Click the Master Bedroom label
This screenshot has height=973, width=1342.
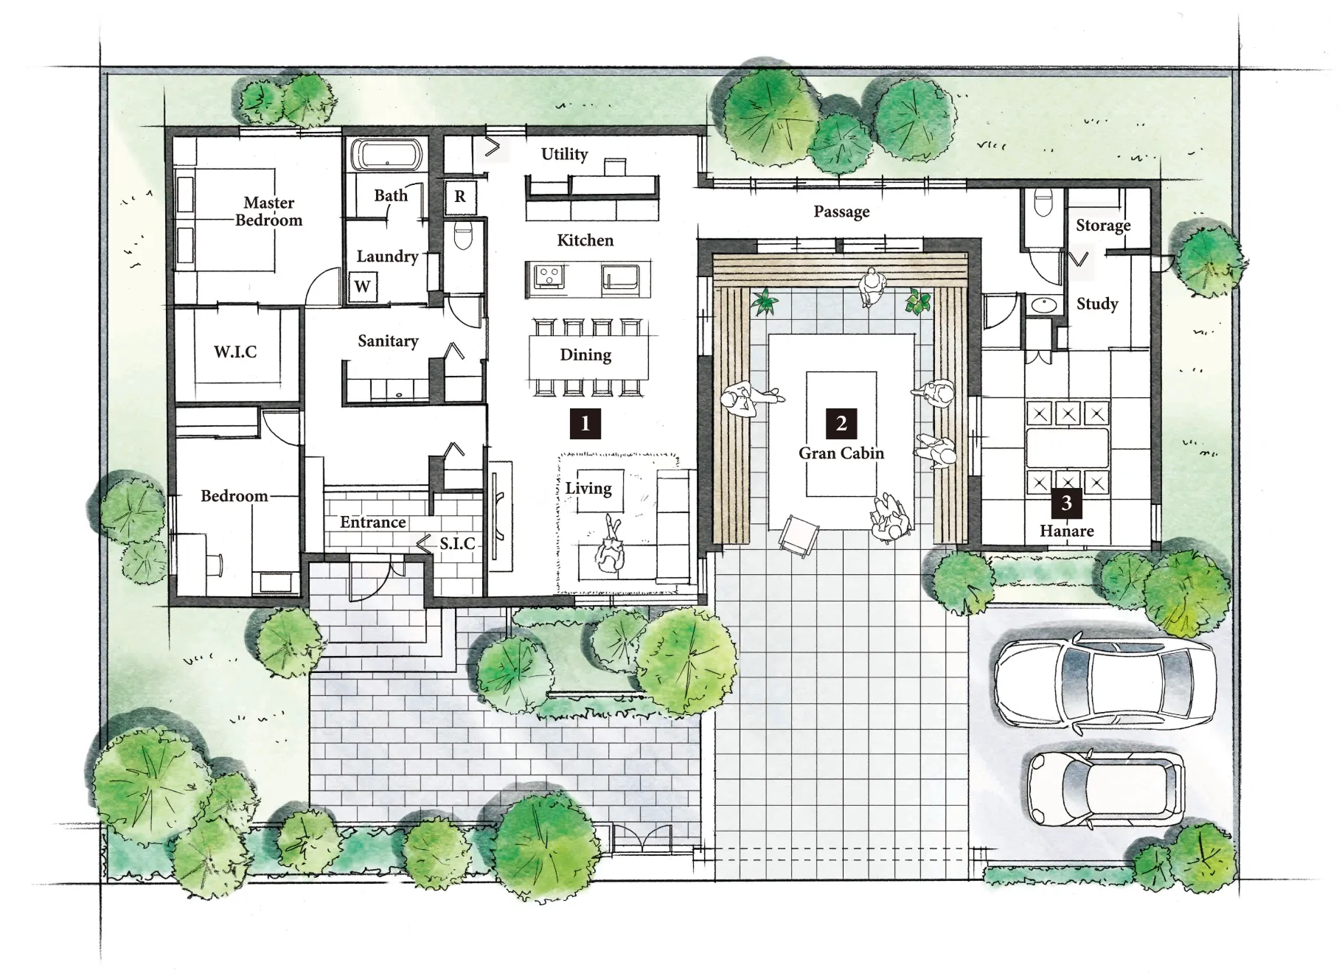(269, 211)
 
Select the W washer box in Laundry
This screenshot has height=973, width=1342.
(362, 286)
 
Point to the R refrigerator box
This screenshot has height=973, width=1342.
(460, 197)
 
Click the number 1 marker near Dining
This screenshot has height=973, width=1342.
(585, 424)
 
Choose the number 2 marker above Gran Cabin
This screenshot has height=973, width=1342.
(841, 423)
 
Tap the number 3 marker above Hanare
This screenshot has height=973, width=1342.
(1066, 503)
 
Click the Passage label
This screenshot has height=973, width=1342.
(841, 212)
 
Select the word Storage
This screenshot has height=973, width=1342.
(1103, 226)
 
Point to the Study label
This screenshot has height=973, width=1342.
(1097, 304)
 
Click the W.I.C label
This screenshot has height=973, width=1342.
(236, 352)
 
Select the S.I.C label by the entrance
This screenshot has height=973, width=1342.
(457, 544)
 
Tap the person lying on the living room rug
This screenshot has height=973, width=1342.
(610, 547)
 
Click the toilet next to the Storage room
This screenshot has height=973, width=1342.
(1043, 203)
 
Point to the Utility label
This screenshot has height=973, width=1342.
(565, 154)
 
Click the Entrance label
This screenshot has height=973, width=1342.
(373, 522)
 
